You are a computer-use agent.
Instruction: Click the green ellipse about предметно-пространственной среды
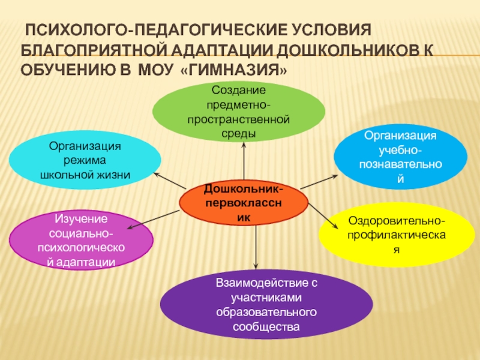pyautogui.click(x=239, y=111)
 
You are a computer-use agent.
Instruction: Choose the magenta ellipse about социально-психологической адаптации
pyautogui.click(x=82, y=239)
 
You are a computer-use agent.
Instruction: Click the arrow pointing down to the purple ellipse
pyautogui.click(x=257, y=246)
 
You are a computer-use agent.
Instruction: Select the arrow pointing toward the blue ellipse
pyautogui.click(x=319, y=181)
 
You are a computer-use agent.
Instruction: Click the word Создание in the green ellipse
pyautogui.click(x=238, y=90)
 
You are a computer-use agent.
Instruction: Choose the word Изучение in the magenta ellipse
pyautogui.click(x=81, y=218)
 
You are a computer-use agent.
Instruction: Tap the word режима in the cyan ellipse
pyautogui.click(x=85, y=161)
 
